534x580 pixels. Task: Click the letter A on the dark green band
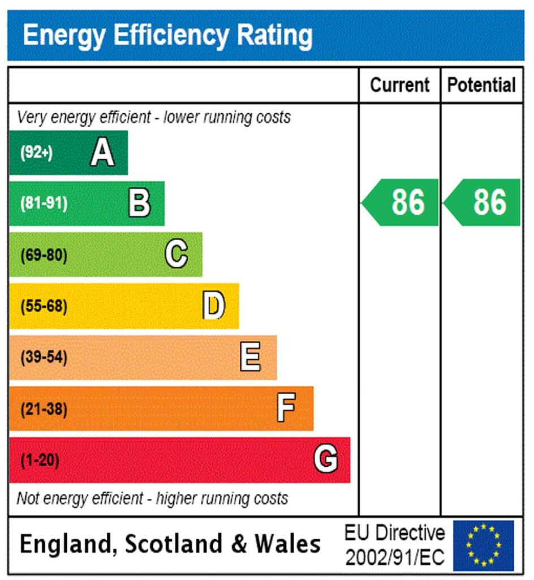102,152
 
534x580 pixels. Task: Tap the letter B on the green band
139,203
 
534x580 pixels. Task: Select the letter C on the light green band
176,254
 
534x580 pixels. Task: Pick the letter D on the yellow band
214,306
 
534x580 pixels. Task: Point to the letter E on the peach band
251,357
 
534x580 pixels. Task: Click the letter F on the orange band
286,408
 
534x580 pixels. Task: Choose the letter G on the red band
326,459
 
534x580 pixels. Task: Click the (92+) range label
37,153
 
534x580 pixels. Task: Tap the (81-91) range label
44,204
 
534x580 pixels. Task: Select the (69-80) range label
44,255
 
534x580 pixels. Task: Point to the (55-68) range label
44,306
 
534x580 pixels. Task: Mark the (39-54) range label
44,358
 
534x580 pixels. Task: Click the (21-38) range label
44,409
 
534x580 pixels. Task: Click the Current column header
399,85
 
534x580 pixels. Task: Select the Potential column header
481,85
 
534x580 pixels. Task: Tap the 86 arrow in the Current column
402,202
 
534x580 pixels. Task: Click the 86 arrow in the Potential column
483,202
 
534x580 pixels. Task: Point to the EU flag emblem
483,545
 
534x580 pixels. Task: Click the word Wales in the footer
287,544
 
